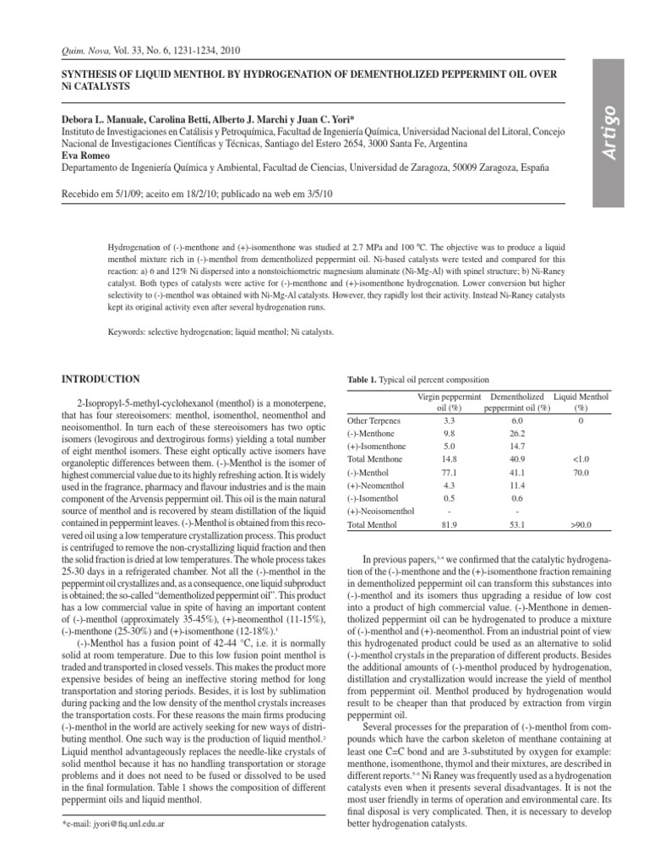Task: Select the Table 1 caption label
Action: (x=365, y=381)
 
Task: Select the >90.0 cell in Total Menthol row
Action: (x=580, y=526)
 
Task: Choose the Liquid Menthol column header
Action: (x=581, y=397)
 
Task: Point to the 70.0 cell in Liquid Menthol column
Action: (x=580, y=473)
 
